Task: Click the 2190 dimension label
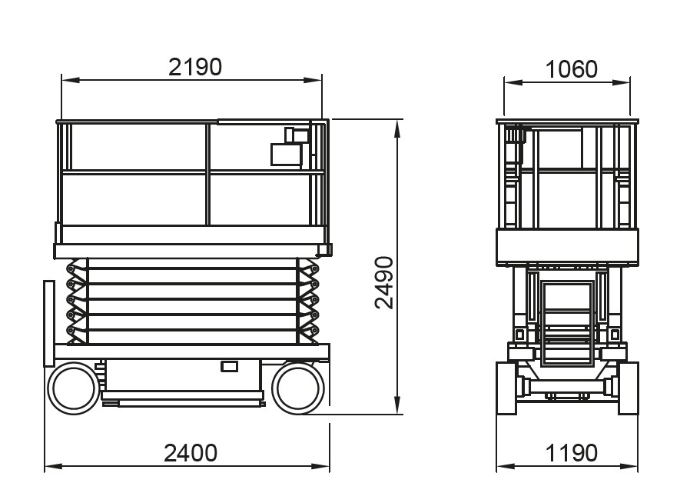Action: [195, 68]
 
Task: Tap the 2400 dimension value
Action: [191, 453]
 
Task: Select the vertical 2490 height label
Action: [384, 283]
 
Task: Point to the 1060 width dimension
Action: [571, 69]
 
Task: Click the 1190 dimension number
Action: [571, 453]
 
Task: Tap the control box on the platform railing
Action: [286, 155]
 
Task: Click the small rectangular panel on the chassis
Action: [229, 366]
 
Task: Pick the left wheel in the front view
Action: [506, 388]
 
